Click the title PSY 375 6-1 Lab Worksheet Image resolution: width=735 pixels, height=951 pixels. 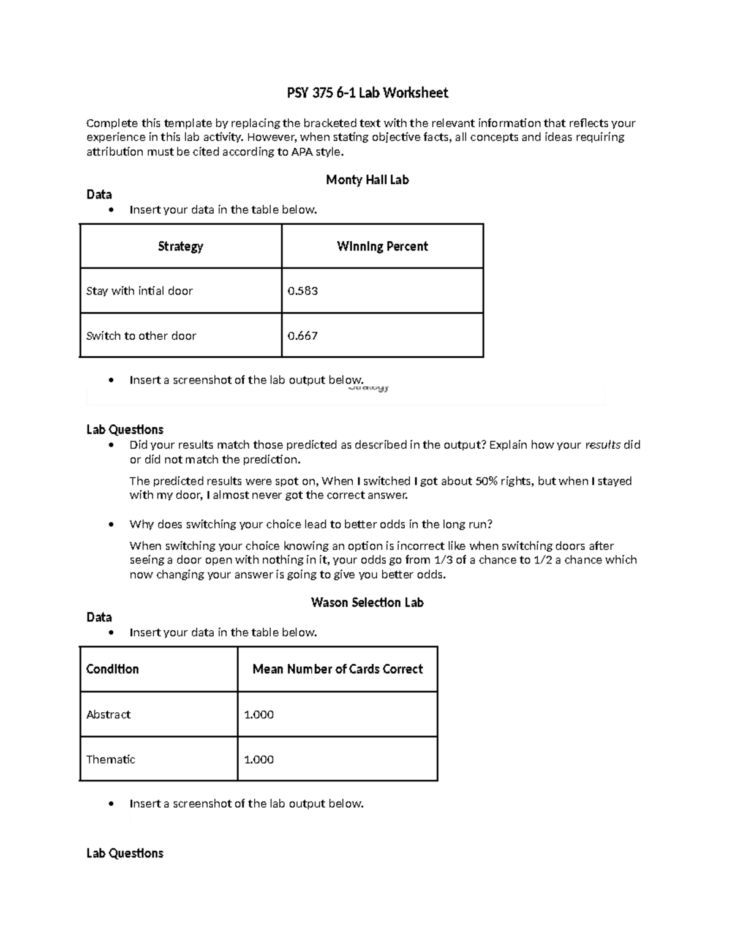[x=367, y=93]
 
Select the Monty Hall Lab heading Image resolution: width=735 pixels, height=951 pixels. [x=367, y=180]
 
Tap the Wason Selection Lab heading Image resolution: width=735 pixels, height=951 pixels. [x=367, y=603]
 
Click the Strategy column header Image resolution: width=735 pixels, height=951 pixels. [x=180, y=246]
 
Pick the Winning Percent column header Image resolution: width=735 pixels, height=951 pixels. [x=382, y=246]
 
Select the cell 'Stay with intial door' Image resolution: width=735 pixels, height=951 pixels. [x=140, y=291]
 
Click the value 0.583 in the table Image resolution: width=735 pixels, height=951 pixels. [x=303, y=291]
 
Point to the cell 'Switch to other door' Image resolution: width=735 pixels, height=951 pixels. [x=141, y=336]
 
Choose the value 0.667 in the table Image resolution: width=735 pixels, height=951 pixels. [x=303, y=336]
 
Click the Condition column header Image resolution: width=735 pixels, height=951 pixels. [x=113, y=669]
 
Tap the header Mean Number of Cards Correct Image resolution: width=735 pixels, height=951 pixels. [x=337, y=669]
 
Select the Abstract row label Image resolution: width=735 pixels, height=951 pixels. [x=108, y=715]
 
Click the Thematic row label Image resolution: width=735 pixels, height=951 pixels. [x=111, y=759]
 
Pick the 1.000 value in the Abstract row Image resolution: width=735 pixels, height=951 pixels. [x=258, y=715]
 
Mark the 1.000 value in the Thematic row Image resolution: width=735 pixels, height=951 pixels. [x=258, y=759]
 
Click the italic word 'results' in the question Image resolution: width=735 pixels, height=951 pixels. [x=603, y=445]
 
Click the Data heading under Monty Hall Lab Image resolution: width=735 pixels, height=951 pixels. [x=99, y=195]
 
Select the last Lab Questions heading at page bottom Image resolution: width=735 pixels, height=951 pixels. [x=125, y=853]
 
